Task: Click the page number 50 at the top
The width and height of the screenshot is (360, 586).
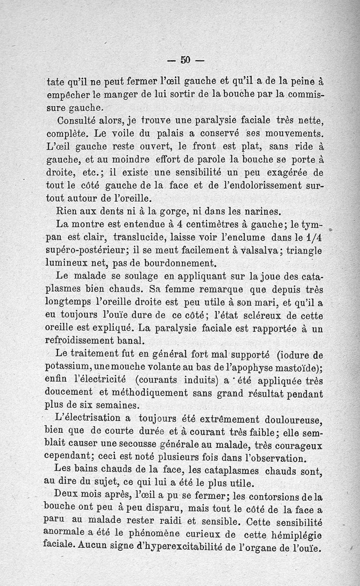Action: (186, 59)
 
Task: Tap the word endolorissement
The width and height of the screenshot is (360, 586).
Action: (260, 185)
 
